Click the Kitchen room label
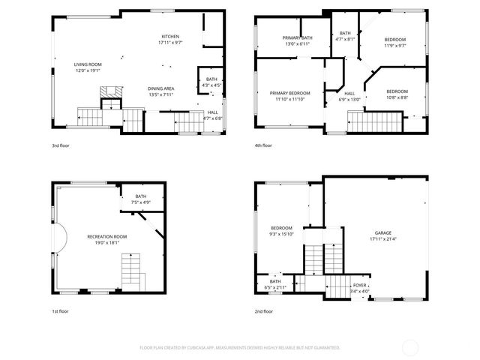(x=170, y=40)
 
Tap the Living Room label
(x=87, y=67)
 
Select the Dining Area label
(x=161, y=92)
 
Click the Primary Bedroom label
(x=289, y=95)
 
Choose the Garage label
(x=383, y=235)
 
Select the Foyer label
(x=359, y=287)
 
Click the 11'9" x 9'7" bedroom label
(x=395, y=43)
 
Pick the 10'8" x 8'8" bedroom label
(x=397, y=94)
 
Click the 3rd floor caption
(x=61, y=145)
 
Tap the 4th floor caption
(x=263, y=145)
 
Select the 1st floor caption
(x=60, y=310)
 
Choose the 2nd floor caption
(x=263, y=310)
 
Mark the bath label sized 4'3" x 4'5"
(x=211, y=82)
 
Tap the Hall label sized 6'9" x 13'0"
(x=349, y=96)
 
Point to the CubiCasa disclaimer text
(x=240, y=347)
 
